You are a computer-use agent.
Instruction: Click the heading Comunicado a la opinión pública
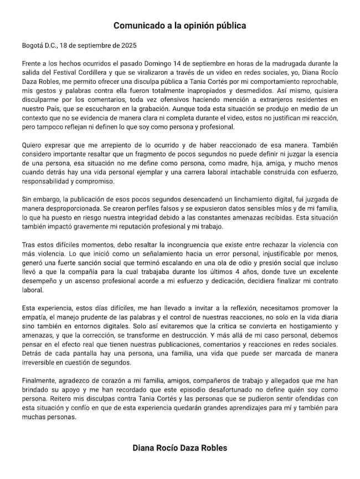(180, 26)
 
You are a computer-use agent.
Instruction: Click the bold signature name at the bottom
(180, 447)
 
